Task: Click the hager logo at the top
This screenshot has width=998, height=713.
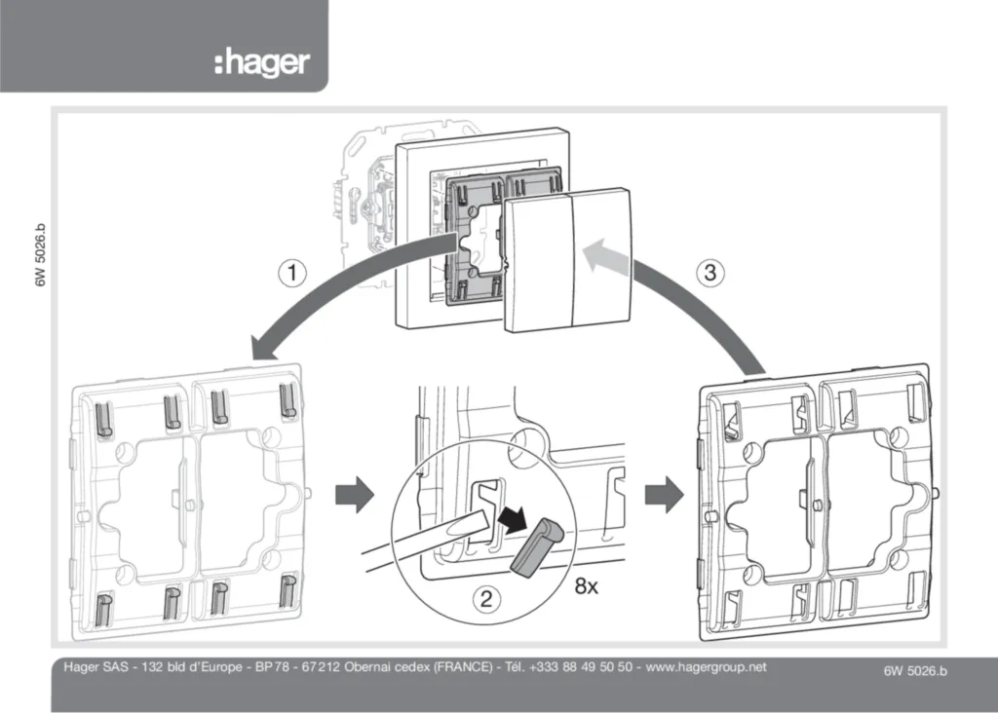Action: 261,64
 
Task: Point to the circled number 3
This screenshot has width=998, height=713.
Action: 711,274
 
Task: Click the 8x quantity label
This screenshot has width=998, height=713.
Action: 586,585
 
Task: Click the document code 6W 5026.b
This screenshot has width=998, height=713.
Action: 914,669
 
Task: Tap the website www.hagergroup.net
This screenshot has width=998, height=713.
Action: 706,667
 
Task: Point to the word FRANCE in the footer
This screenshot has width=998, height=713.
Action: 460,667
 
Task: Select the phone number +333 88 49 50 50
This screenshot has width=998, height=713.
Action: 584,667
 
